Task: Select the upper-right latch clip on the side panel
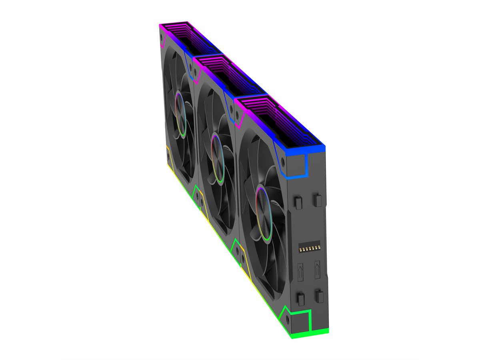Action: point(317,200)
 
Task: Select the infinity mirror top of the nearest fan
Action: point(280,120)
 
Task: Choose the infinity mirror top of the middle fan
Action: point(232,76)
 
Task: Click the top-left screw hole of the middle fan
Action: point(196,74)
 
